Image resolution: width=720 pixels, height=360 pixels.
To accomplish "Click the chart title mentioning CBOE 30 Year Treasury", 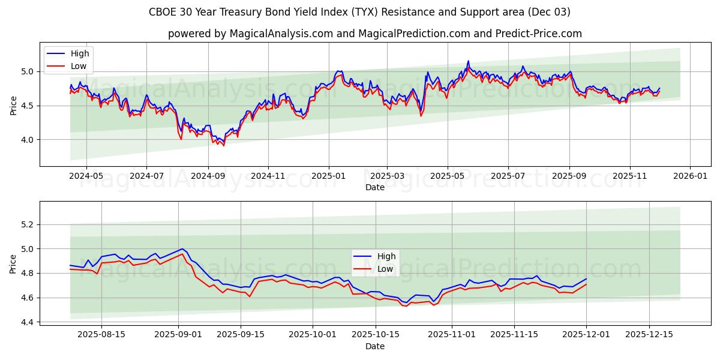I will (360, 12).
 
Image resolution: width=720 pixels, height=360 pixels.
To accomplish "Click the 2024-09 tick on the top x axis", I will (208, 177).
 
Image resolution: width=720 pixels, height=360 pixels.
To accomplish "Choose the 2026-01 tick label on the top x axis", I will (690, 177).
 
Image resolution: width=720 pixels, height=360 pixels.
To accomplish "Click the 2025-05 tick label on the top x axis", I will (447, 177).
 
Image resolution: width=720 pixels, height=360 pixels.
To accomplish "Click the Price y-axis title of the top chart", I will (13, 104).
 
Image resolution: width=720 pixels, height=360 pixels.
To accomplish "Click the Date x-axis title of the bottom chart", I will (375, 347).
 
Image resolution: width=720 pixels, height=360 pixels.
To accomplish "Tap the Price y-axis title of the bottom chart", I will (13, 263).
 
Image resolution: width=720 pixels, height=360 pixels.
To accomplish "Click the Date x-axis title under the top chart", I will (375, 187).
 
